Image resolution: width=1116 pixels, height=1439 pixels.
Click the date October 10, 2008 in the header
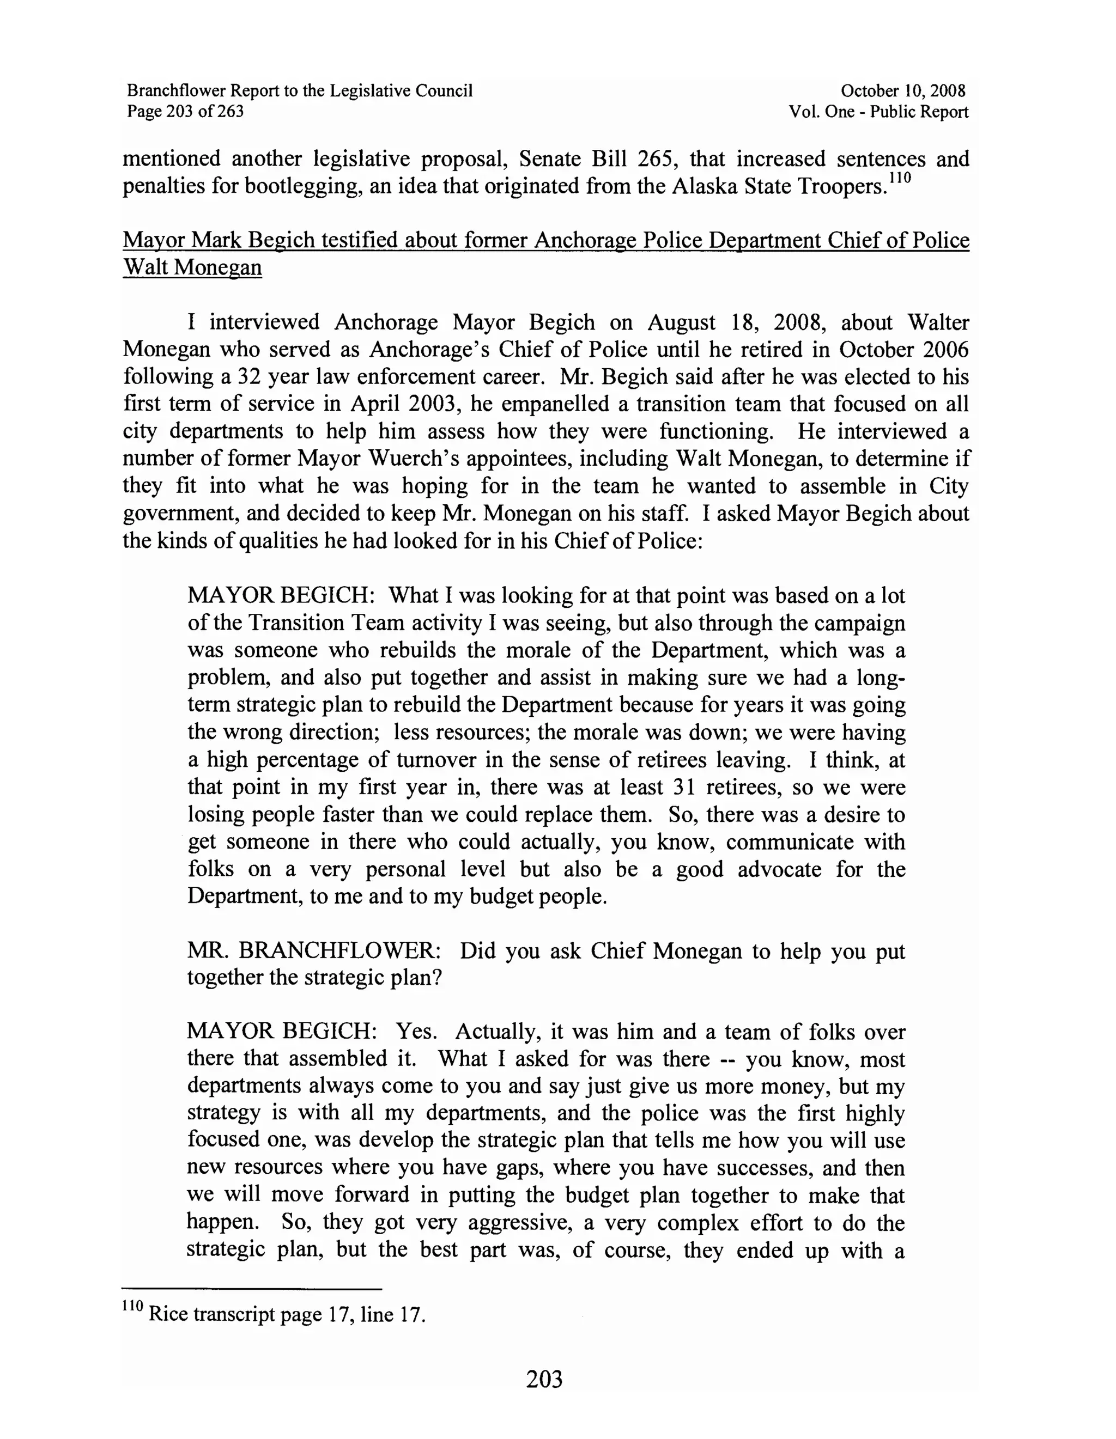[x=902, y=91]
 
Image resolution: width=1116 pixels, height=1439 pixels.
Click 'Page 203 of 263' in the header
[x=185, y=111]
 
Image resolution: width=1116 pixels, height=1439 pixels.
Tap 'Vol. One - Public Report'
[x=878, y=111]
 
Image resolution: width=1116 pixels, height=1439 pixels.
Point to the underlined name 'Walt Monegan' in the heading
[x=192, y=267]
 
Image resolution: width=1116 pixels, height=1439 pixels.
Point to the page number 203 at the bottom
[x=544, y=1379]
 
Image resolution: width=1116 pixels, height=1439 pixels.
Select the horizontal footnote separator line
[x=252, y=1289]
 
